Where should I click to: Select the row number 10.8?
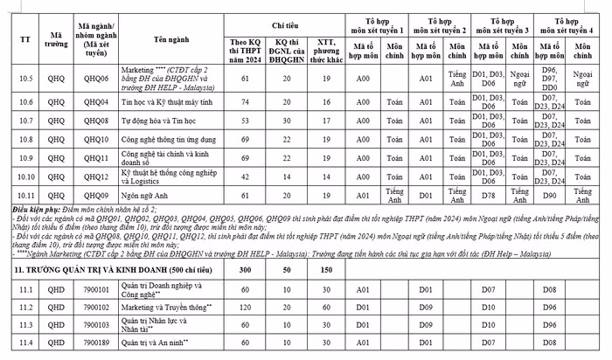(25, 138)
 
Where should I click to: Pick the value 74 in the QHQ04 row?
(246, 102)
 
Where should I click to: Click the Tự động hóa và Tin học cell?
(163, 120)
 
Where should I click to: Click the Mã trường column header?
(55, 39)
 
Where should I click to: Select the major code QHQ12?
(95, 177)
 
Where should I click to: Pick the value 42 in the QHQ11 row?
(246, 157)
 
